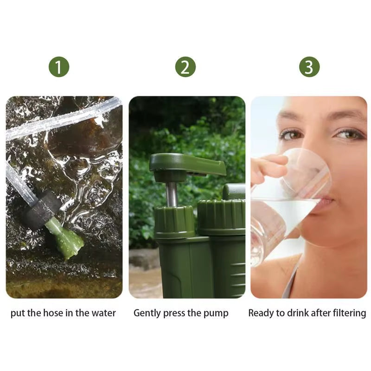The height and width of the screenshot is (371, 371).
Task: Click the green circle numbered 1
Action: tap(59, 68)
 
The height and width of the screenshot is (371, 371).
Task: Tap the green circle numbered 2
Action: tap(185, 68)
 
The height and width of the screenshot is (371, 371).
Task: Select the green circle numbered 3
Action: tap(309, 68)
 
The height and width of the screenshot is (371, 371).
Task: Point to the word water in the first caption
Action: tap(103, 313)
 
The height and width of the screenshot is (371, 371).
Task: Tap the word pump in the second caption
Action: tap(217, 313)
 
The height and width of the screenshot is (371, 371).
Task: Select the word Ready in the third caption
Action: tap(261, 313)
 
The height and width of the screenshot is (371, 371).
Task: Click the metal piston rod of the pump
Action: tap(172, 194)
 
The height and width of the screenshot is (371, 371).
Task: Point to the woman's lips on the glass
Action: tap(325, 201)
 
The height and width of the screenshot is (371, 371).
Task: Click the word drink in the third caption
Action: tap(297, 313)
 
